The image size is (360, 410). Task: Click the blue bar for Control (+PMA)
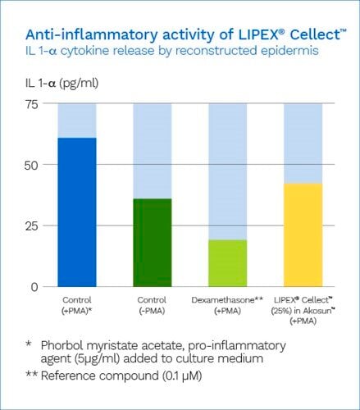point(76,212)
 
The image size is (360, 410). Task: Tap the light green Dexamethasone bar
point(228,262)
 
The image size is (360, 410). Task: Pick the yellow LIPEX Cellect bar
point(303,234)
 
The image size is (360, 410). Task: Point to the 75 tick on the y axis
point(31,104)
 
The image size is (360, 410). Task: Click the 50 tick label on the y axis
point(31,165)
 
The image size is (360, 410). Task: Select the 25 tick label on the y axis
point(31,225)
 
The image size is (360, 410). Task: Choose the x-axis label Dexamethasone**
point(228,302)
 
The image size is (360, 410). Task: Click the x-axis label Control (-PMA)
point(153,307)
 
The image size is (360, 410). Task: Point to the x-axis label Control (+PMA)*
point(76,307)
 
